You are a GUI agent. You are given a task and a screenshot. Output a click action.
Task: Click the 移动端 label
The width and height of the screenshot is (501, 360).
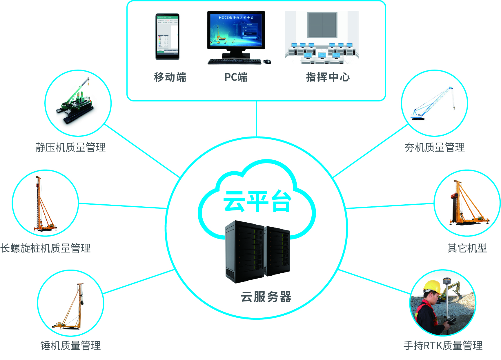[x=170, y=77]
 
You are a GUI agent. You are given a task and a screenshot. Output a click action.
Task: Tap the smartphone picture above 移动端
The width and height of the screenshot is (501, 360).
[x=167, y=37]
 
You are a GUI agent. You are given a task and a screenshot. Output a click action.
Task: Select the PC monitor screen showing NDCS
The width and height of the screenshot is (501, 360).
[x=236, y=30]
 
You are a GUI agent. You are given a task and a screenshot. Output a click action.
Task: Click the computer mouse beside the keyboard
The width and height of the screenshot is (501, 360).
[x=267, y=61]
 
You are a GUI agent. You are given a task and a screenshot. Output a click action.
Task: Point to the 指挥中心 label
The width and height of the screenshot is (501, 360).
[x=328, y=77]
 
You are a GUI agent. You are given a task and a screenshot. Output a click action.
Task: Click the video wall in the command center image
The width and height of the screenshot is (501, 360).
[x=322, y=25]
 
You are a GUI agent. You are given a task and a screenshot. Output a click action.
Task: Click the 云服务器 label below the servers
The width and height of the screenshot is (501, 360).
[x=266, y=297]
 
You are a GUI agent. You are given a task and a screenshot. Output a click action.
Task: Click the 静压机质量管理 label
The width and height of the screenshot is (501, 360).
[x=70, y=147]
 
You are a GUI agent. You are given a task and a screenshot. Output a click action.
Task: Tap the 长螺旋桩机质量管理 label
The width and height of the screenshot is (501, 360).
[x=46, y=248]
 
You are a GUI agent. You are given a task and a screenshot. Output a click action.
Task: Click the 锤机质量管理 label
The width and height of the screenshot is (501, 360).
[x=70, y=346]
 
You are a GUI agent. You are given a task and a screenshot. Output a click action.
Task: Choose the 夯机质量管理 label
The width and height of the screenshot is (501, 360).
[x=434, y=147]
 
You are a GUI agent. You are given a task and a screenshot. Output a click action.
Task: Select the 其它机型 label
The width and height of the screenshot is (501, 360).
[x=467, y=248]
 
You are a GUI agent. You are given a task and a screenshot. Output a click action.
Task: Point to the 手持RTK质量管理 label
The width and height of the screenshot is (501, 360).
[x=443, y=346]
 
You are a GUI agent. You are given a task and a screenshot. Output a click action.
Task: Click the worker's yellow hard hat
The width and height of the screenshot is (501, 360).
[x=432, y=286]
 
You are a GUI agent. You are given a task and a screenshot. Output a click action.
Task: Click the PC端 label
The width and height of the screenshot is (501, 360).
[x=236, y=77]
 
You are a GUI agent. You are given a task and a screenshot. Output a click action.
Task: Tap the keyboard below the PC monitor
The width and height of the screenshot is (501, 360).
[x=235, y=61]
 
